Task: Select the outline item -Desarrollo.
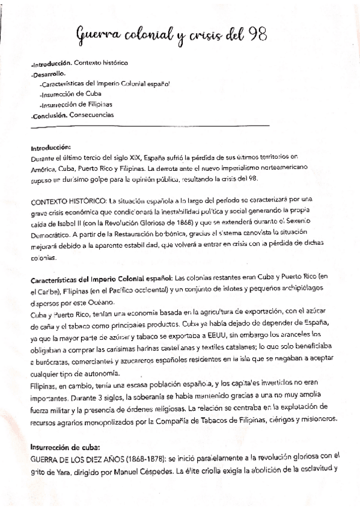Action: click(48, 73)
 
